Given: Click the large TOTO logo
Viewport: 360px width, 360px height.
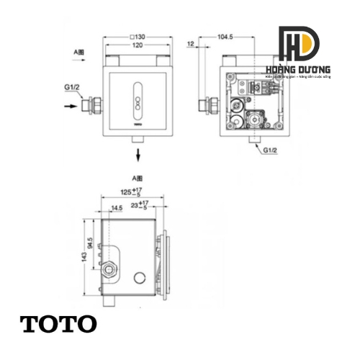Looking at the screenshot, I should pyautogui.click(x=58, y=323).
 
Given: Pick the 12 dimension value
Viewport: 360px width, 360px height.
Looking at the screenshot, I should pyautogui.click(x=190, y=45).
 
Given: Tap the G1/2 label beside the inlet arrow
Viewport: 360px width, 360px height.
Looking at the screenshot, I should pyautogui.click(x=72, y=88).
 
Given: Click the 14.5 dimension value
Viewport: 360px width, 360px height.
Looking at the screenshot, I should pyautogui.click(x=116, y=208).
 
